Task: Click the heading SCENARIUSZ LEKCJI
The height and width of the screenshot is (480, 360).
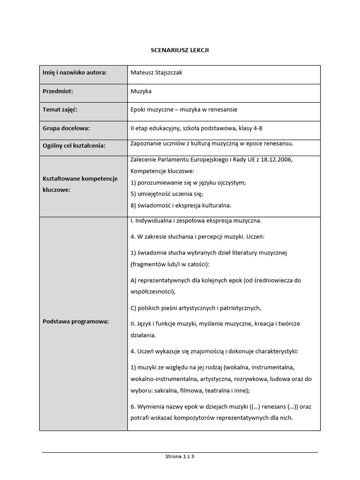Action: tap(180, 50)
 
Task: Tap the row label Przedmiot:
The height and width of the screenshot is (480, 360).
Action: tap(58, 91)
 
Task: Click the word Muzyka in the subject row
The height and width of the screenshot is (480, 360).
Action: tap(141, 91)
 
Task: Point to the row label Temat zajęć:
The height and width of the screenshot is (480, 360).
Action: tap(60, 110)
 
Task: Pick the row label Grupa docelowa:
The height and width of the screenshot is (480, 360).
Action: tap(66, 128)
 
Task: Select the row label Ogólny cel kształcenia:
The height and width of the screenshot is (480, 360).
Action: tap(74, 146)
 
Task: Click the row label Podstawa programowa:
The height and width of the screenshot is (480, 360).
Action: tap(75, 321)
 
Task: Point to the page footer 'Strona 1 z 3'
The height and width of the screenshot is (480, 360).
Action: tap(180, 456)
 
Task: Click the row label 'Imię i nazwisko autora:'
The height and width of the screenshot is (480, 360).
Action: tap(75, 72)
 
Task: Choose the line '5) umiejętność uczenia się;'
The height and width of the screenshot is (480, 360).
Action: tap(166, 194)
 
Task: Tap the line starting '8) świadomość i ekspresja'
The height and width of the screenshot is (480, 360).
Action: tap(181, 205)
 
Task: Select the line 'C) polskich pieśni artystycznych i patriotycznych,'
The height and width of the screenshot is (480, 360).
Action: tap(195, 308)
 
